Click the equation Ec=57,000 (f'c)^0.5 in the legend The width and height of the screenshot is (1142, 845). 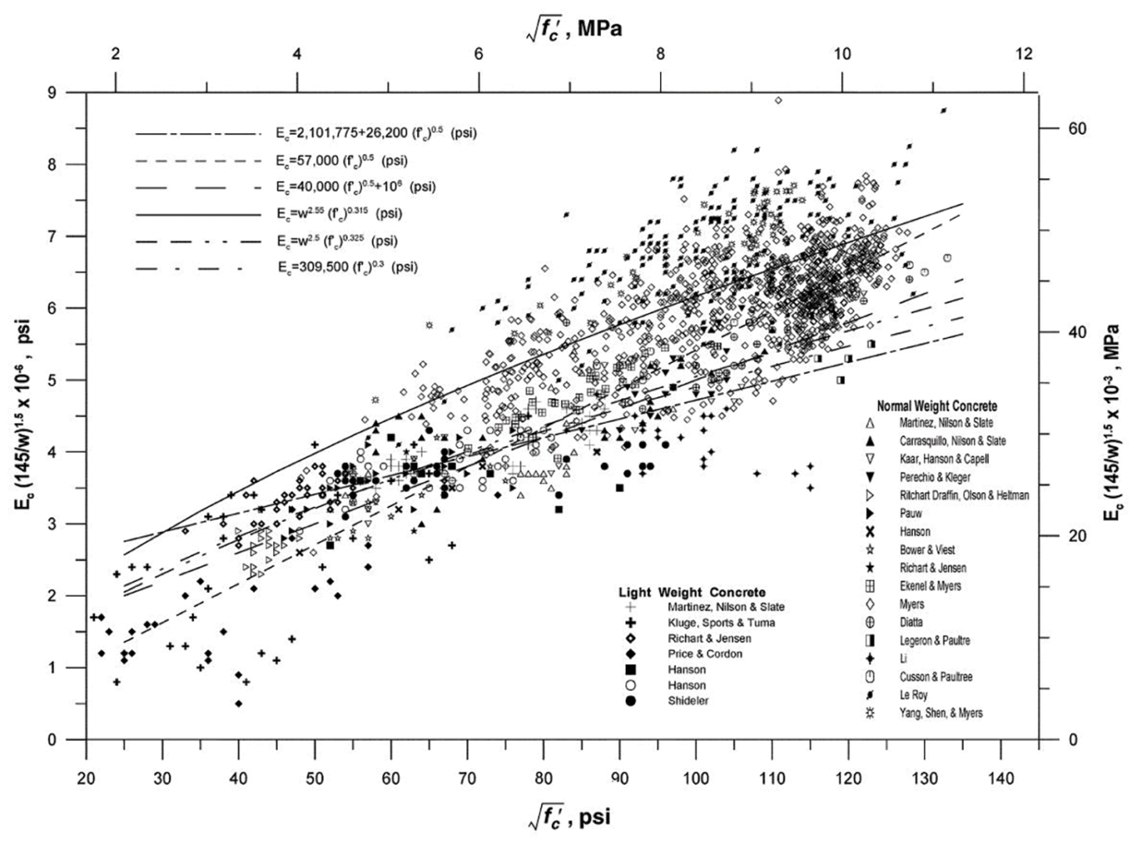click(x=341, y=161)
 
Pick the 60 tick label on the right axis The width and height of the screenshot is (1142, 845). click(x=1077, y=128)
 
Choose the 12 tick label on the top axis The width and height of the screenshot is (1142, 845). click(x=1024, y=54)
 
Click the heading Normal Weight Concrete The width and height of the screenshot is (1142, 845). click(x=936, y=406)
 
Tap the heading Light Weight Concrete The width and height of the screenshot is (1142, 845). click(x=691, y=592)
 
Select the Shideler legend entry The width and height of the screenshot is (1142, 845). click(x=688, y=701)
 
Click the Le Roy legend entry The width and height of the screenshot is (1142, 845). click(x=914, y=695)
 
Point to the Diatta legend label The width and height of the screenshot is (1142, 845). click(x=911, y=622)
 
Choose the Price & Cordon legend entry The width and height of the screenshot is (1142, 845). click(x=705, y=654)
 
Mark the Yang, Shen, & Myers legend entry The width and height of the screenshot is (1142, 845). click(x=941, y=713)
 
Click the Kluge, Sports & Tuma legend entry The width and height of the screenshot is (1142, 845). click(x=721, y=623)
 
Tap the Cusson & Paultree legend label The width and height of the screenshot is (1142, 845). click(x=936, y=677)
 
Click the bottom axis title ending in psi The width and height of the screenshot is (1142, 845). click(x=570, y=817)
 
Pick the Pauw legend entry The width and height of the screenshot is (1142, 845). click(x=910, y=513)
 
